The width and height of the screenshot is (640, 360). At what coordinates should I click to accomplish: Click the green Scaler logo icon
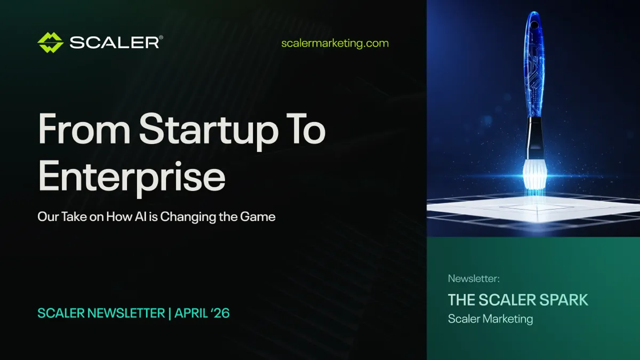pos(51,43)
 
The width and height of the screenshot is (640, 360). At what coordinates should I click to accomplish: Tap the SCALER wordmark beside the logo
pos(114,43)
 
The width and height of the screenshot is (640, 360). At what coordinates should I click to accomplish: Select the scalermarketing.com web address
pos(335,43)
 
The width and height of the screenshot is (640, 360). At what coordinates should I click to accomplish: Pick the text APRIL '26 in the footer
pos(203,313)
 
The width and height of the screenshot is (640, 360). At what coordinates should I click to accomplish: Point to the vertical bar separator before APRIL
pos(170,313)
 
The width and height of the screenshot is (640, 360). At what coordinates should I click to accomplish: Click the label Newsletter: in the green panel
pos(474,278)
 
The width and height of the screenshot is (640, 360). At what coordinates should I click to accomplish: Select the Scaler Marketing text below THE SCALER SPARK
pos(490,319)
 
